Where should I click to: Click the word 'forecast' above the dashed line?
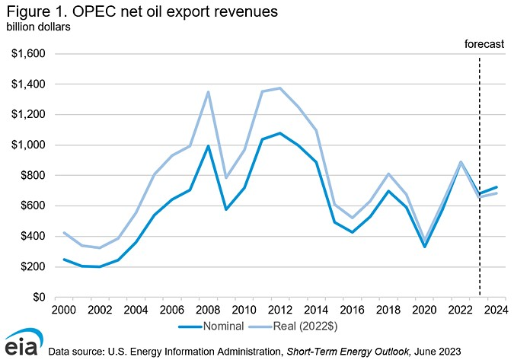(484, 44)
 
